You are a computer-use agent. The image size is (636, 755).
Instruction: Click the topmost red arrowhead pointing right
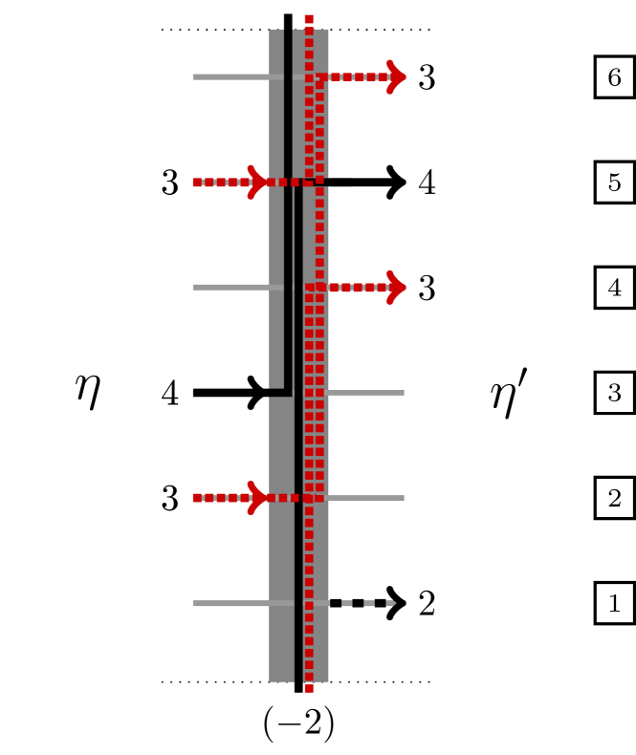396,76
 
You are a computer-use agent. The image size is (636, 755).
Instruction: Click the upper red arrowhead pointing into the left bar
256,182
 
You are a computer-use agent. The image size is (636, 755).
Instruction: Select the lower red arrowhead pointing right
396,287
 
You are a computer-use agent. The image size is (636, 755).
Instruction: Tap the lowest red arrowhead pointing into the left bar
256,497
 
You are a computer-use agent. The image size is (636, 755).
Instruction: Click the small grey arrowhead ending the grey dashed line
390,603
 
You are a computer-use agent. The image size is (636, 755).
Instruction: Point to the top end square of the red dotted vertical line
309,19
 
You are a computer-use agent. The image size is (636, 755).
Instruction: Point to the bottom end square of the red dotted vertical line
309,688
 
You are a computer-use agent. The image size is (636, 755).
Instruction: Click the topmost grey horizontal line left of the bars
230,76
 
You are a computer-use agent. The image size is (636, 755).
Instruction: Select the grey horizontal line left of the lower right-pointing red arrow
230,287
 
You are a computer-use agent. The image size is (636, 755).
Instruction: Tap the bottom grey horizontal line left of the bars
230,603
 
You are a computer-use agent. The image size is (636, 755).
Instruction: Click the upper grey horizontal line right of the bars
366,392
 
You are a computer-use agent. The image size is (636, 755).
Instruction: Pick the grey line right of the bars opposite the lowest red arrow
366,497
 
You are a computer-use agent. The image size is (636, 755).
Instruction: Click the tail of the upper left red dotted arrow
197,182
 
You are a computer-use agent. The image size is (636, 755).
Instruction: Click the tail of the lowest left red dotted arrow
197,497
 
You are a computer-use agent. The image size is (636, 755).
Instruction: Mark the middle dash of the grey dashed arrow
369,603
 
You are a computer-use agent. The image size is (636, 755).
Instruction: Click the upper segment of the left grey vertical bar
275,239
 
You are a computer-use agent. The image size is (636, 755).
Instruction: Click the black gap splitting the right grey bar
317,182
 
